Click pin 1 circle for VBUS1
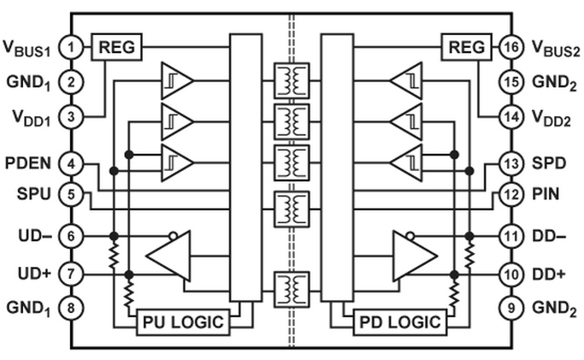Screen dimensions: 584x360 [71, 47]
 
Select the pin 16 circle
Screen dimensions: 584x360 [511, 47]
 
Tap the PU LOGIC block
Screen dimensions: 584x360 [183, 322]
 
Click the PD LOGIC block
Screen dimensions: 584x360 [400, 322]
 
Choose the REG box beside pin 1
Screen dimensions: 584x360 [116, 47]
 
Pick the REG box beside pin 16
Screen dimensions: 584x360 [467, 47]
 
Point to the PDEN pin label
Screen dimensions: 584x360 [28, 163]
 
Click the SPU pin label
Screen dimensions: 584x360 [33, 194]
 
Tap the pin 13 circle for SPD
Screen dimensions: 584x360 [511, 163]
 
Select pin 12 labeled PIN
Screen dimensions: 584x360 [511, 194]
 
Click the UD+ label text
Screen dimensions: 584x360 [34, 274]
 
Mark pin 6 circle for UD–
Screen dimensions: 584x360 [71, 236]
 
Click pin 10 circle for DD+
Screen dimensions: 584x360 [511, 274]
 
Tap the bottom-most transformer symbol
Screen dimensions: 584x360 [292, 290]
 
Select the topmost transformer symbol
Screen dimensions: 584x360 [292, 80]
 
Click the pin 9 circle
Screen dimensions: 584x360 [511, 308]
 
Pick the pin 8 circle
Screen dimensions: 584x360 [71, 308]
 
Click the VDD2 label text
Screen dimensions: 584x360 [552, 118]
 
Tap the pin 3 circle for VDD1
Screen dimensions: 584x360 [71, 117]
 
